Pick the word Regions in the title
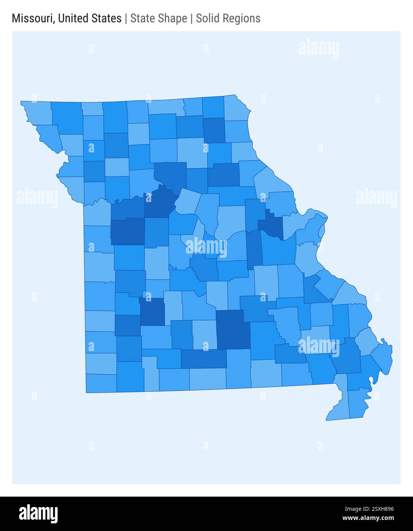[x=242, y=18]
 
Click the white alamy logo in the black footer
[x=38, y=514]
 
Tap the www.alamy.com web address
[x=368, y=518]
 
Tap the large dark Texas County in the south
[x=233, y=329]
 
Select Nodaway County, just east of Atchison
[x=67, y=118]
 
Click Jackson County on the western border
[x=97, y=212]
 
